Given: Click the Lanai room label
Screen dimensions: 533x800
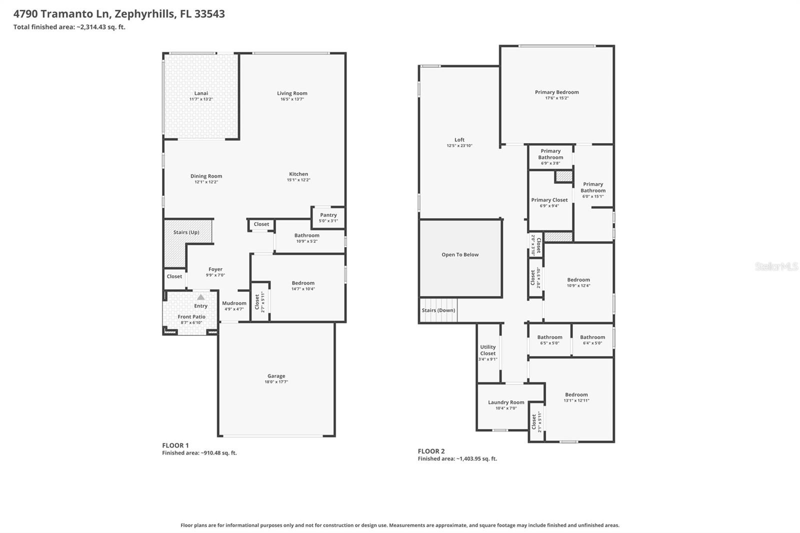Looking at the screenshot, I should pyautogui.click(x=201, y=93).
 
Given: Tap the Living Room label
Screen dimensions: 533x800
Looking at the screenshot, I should pyautogui.click(x=292, y=93).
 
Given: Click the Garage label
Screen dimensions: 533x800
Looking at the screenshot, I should pyautogui.click(x=276, y=376).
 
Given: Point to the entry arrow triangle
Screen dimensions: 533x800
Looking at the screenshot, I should pyautogui.click(x=200, y=297).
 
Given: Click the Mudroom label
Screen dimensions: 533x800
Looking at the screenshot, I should pyautogui.click(x=234, y=303).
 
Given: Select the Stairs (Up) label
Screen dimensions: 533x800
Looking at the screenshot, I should pyautogui.click(x=186, y=232).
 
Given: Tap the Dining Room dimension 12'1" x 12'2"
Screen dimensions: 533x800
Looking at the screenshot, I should pyautogui.click(x=206, y=182).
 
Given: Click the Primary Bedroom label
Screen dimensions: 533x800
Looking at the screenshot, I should pyautogui.click(x=556, y=92).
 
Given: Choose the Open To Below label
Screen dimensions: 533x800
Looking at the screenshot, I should pyautogui.click(x=460, y=255).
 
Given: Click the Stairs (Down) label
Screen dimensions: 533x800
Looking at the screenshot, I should pyautogui.click(x=438, y=310).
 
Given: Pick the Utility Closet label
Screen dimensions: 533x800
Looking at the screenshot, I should pyautogui.click(x=488, y=350).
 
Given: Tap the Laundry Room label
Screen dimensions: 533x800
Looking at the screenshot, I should pyautogui.click(x=506, y=402).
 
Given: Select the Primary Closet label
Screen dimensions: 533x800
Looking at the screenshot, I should pyautogui.click(x=549, y=200).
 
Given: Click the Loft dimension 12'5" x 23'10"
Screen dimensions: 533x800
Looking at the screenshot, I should pyautogui.click(x=459, y=146).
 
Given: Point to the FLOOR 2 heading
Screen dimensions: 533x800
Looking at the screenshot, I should pyautogui.click(x=431, y=451).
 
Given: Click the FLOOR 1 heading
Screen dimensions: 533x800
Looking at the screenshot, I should pyautogui.click(x=175, y=445).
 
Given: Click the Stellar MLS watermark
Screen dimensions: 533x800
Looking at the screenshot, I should pyautogui.click(x=776, y=266).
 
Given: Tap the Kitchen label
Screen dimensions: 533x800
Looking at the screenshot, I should pyautogui.click(x=298, y=174).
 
